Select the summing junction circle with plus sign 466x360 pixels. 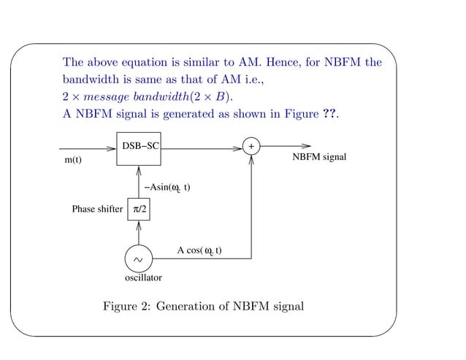tap(251, 147)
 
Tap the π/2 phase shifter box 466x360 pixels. tap(139, 210)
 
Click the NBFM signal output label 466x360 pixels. tap(319, 158)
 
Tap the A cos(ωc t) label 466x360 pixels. tap(199, 250)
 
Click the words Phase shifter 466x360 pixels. tap(97, 210)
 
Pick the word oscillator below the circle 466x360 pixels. tap(143, 277)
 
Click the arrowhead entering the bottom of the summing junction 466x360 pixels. tap(251, 158)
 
